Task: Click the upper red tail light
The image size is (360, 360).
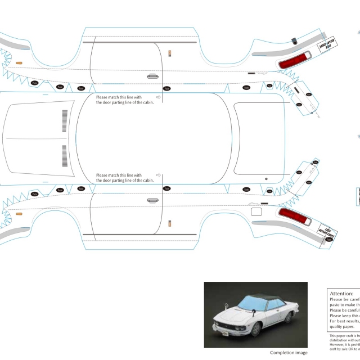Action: (x=296, y=59)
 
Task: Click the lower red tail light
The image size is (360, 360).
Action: (x=296, y=215)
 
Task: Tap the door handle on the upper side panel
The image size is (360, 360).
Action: (x=152, y=76)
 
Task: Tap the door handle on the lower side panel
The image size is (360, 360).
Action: (x=152, y=200)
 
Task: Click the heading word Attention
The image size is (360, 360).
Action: (x=341, y=293)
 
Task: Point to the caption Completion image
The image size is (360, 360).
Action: (x=289, y=353)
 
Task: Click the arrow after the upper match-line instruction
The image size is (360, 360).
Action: (x=159, y=97)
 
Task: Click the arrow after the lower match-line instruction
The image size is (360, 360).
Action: (x=159, y=175)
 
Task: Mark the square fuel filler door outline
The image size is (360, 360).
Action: (x=256, y=212)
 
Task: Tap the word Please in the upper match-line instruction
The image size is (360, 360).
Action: (x=102, y=97)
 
